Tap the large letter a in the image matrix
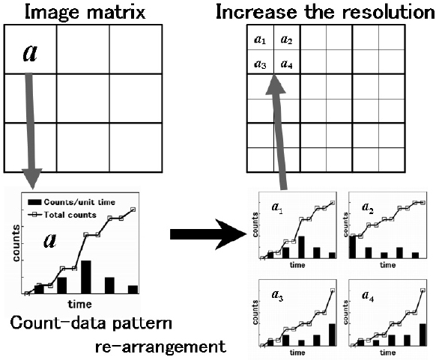(31, 52)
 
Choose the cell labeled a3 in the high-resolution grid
(261, 64)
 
